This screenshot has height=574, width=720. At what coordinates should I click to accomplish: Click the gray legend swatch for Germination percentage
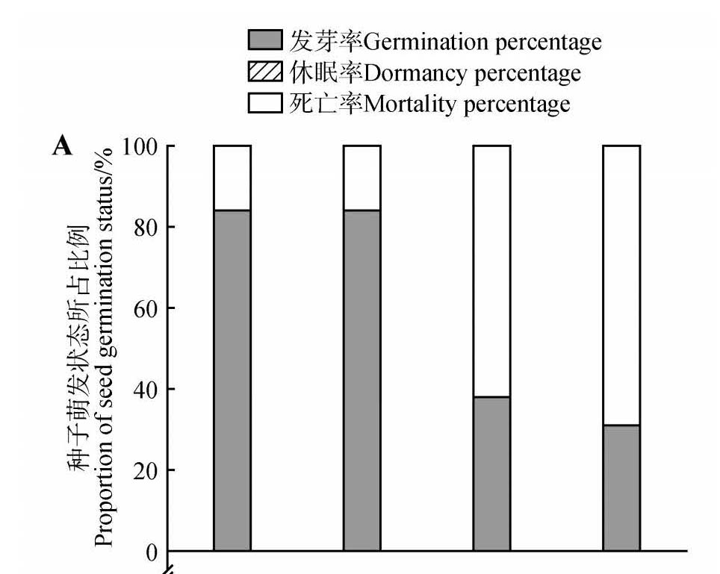265,40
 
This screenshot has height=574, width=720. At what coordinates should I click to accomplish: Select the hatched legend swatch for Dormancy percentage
265,72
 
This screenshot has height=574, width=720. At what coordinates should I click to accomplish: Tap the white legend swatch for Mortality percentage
265,103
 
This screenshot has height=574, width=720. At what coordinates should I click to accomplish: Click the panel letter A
63,146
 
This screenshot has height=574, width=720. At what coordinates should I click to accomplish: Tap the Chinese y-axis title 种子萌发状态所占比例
80,348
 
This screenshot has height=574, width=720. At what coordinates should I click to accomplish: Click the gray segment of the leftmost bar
232,381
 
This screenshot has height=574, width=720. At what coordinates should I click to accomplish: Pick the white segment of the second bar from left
361,178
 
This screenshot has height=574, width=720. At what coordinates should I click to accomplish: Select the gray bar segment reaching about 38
491,473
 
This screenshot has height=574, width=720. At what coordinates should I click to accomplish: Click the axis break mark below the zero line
167,570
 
